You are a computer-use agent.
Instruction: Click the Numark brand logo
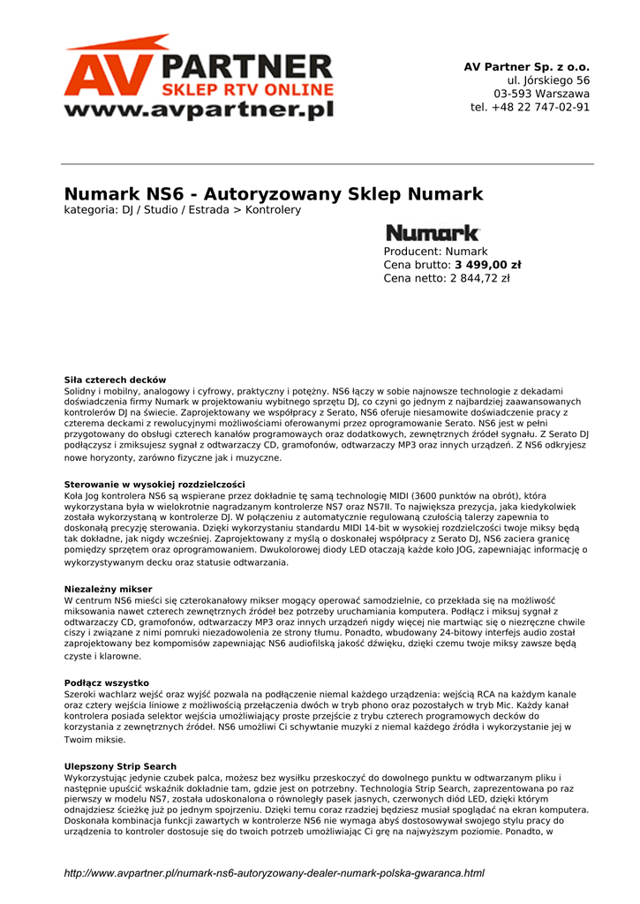[433, 233]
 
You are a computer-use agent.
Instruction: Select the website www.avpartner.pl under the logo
[199, 110]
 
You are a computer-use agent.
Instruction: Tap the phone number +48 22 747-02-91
[530, 108]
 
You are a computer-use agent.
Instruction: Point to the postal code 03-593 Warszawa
[541, 94]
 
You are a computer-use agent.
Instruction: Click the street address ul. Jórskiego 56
[542, 80]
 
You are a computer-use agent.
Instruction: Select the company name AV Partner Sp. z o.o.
[526, 67]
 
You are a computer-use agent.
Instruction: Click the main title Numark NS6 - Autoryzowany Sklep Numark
[274, 194]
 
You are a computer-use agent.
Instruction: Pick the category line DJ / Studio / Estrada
[182, 210]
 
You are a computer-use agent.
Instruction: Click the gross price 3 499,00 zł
[487, 265]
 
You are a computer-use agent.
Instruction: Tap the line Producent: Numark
[435, 252]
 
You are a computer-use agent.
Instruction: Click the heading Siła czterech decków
[115, 380]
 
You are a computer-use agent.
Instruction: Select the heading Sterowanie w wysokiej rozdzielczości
[154, 485]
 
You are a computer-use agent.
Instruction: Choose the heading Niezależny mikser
[108, 589]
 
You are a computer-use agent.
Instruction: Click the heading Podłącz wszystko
[106, 682]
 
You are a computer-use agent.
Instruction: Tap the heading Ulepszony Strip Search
[120, 766]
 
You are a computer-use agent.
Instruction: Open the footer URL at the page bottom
[274, 873]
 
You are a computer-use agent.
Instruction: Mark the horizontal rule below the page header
[327, 164]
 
